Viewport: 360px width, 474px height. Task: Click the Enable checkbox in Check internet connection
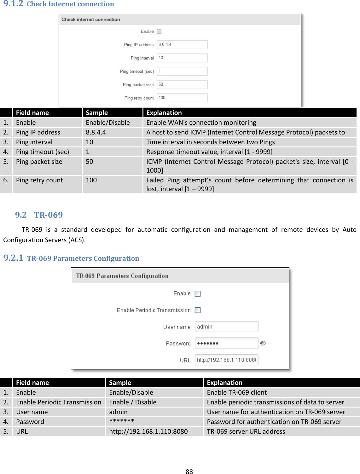click(159, 31)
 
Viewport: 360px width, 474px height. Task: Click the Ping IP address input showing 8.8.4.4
click(182, 45)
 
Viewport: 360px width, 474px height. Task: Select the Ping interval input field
click(182, 58)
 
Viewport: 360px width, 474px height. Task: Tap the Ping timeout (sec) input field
click(182, 71)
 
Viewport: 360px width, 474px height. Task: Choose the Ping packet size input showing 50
click(182, 84)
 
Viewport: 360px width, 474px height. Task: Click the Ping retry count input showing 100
click(182, 98)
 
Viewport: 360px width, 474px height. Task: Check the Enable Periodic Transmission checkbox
click(198, 310)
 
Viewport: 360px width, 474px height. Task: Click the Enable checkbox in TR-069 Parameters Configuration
click(198, 294)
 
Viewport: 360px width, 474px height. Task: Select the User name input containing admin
click(226, 327)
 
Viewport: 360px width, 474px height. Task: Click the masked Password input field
click(226, 343)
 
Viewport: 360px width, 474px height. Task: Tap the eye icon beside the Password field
click(263, 343)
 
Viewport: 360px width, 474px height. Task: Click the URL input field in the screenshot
click(226, 360)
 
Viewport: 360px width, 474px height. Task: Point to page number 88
click(189, 471)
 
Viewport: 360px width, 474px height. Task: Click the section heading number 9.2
click(21, 215)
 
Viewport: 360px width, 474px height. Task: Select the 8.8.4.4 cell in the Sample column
click(96, 132)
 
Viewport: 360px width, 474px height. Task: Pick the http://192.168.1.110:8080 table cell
click(148, 431)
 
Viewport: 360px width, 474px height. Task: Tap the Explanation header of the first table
click(164, 113)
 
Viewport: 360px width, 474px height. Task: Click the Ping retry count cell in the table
click(39, 180)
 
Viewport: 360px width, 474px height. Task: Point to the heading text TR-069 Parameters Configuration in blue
click(83, 259)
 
